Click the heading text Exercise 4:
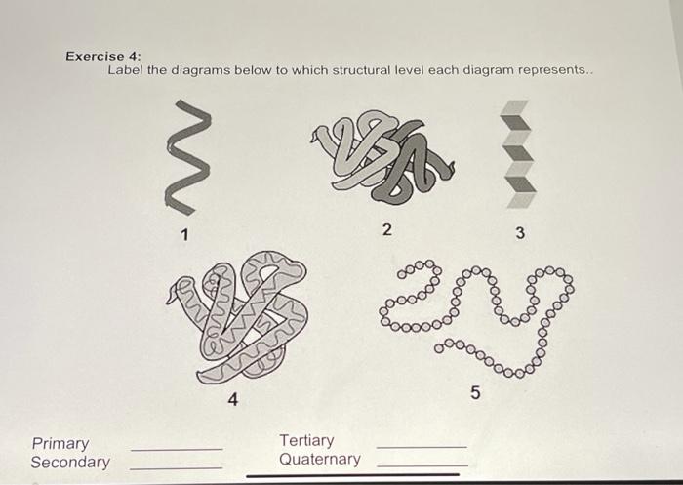click(x=102, y=56)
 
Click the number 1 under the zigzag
click(x=184, y=233)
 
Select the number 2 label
click(x=386, y=230)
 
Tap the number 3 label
click(x=520, y=233)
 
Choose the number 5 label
click(x=475, y=393)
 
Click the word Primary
click(x=60, y=443)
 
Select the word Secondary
click(x=70, y=463)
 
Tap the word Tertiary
click(x=306, y=440)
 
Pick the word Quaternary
click(x=319, y=459)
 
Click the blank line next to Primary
click(x=177, y=449)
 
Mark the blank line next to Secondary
click(x=177, y=467)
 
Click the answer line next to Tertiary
click(x=422, y=447)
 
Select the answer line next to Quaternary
click(x=422, y=465)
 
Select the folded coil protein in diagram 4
click(x=239, y=317)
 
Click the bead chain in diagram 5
click(x=478, y=312)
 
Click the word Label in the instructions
click(x=125, y=71)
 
